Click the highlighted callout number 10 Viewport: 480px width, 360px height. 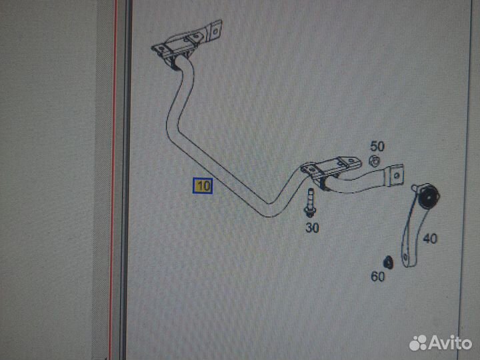[203, 186]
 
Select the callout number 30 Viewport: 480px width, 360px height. [312, 228]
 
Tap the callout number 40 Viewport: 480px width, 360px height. [430, 238]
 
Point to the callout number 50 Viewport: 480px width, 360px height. [377, 146]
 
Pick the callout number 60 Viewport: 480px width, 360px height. [378, 277]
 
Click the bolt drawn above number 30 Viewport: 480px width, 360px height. [309, 203]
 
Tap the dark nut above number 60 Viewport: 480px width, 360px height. [389, 262]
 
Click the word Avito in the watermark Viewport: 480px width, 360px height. [451, 343]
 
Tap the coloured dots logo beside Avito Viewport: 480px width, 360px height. [418, 343]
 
